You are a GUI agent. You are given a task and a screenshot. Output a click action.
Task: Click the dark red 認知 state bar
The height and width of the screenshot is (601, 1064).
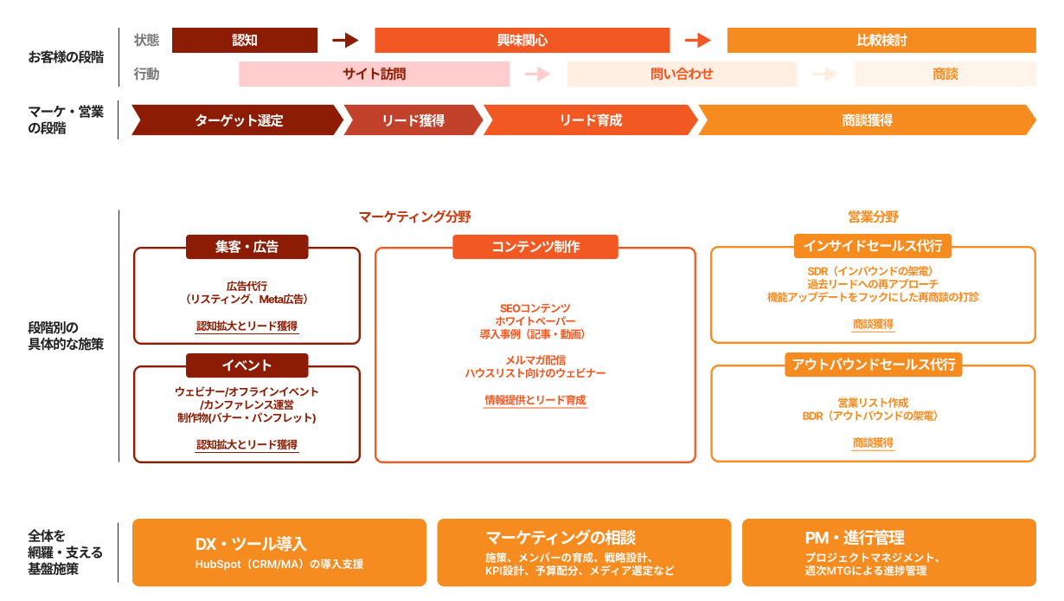point(245,41)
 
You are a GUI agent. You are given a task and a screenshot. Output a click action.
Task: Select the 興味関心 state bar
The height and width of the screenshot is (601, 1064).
point(522,41)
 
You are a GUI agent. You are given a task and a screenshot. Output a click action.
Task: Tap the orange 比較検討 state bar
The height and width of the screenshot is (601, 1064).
point(881,41)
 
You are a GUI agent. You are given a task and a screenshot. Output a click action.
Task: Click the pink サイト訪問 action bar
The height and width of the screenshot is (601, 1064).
point(374,74)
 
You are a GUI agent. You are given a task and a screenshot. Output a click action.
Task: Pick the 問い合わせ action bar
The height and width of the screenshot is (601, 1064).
point(682,74)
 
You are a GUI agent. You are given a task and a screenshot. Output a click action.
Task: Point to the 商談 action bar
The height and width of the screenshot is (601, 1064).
point(945,74)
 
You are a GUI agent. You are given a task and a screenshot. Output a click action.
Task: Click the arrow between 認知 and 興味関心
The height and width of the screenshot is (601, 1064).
point(345,41)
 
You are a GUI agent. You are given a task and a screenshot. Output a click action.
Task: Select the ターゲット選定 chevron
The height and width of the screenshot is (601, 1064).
point(238,120)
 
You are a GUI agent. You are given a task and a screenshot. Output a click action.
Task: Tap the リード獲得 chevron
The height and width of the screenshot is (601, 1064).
point(413,120)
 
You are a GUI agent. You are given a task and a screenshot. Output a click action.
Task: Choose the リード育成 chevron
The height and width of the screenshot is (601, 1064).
point(591,120)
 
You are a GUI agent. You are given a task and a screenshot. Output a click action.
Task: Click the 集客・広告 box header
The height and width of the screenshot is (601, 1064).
point(247,247)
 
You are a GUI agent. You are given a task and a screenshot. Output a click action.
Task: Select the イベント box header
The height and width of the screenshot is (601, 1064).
point(247,365)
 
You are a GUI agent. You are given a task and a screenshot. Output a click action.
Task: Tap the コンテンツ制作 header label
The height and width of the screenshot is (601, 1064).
point(535,247)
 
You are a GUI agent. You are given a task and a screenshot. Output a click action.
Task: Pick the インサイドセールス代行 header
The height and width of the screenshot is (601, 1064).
point(873,246)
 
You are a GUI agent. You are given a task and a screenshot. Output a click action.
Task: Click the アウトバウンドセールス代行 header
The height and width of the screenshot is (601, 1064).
point(873,365)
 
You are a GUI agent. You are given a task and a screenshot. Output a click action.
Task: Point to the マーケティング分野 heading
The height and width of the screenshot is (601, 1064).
point(414,216)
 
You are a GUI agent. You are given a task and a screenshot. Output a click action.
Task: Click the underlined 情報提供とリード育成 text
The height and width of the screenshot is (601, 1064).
point(535,400)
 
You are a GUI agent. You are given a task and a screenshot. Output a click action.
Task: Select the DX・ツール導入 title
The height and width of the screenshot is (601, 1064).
point(251,544)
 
